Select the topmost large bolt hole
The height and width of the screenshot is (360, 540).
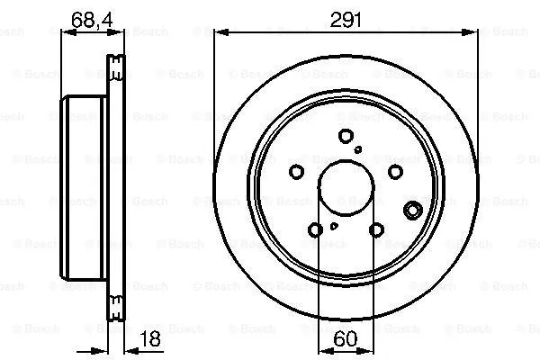point(346,136)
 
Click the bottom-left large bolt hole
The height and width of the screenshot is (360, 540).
point(315,231)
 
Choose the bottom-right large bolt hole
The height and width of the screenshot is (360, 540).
point(376,231)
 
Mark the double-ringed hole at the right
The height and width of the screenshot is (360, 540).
point(413,211)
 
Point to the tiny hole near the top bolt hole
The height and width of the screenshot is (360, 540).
point(359,149)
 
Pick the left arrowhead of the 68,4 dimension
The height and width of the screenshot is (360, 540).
point(66,32)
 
